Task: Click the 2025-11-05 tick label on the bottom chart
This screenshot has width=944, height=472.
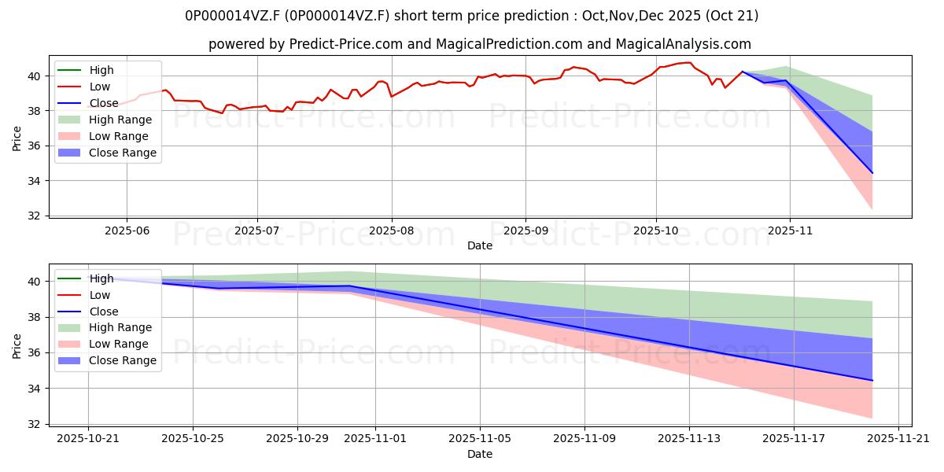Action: click(480, 437)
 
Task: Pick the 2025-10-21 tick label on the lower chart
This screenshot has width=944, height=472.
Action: click(88, 437)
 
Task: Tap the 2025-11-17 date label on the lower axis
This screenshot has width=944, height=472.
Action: click(793, 437)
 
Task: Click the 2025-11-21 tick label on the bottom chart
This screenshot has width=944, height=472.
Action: click(898, 437)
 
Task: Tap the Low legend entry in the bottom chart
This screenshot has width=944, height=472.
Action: click(100, 295)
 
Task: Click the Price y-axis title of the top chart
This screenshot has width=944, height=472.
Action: click(17, 137)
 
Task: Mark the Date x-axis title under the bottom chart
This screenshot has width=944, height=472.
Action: click(480, 454)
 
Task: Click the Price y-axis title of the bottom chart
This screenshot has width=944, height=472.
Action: click(17, 345)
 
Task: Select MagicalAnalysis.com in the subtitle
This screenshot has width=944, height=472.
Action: click(687, 44)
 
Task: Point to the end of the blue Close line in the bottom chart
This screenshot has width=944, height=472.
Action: click(872, 381)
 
